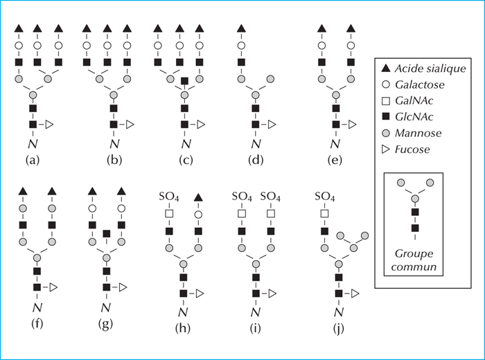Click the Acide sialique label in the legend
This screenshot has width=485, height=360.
pos(430,69)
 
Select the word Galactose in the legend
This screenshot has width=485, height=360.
pos(420,84)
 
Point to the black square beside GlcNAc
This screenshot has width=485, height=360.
pos(386,116)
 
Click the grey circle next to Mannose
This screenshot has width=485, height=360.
pos(386,133)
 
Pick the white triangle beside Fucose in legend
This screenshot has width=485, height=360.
pos(386,150)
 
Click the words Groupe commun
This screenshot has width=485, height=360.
pos(414,260)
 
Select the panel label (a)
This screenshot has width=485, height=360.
pos(33,160)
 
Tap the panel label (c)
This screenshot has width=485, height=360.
pos(186,160)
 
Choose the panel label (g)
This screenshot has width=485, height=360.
pos(105,324)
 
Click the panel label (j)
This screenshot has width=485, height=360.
pos(339,328)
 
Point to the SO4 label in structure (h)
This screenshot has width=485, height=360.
pos(169,197)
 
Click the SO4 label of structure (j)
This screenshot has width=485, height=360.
pos(325,197)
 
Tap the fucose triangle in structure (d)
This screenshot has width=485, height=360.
pos(272,125)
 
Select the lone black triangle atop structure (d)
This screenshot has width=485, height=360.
pos(241,28)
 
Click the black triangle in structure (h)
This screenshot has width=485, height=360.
pos(199,197)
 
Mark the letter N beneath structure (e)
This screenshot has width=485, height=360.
pos(335,144)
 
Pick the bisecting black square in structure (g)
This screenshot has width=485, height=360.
pos(107,233)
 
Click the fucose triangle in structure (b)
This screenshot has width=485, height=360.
pos(130,125)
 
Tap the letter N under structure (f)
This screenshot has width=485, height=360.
pos(37,307)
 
